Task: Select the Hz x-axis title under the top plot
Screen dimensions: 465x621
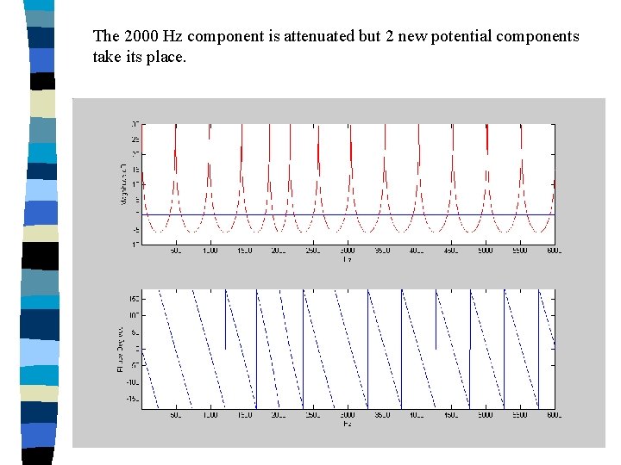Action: (x=347, y=258)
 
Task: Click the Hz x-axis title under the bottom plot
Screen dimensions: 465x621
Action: (x=347, y=423)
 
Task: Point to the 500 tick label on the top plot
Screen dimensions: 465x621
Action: (x=175, y=251)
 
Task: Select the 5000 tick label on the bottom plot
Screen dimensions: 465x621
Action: (x=485, y=415)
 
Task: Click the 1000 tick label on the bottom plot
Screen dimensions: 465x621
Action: (x=210, y=415)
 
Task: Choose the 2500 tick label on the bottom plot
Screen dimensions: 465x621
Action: (x=312, y=415)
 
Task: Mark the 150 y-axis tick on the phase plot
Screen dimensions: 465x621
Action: (x=135, y=298)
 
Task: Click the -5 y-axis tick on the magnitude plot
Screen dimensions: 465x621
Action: (x=135, y=229)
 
